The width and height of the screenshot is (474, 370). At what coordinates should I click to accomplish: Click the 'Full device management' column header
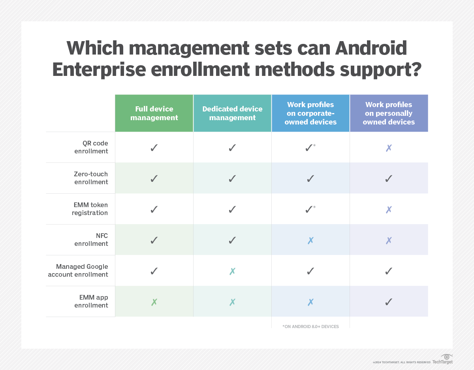pyautogui.click(x=154, y=113)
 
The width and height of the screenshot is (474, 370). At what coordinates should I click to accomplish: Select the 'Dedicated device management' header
pyautogui.click(x=232, y=113)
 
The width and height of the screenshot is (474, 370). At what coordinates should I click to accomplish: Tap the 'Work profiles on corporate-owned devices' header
pyautogui.click(x=310, y=113)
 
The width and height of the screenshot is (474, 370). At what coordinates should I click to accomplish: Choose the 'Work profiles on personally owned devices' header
pyautogui.click(x=389, y=113)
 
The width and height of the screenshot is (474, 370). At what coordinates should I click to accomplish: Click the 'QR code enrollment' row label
pyautogui.click(x=91, y=147)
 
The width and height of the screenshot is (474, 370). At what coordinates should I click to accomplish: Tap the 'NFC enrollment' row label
pyautogui.click(x=91, y=240)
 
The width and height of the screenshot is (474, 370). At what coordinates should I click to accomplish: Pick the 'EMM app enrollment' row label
pyautogui.click(x=91, y=301)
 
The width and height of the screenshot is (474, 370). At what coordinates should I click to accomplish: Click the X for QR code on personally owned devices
pyautogui.click(x=389, y=148)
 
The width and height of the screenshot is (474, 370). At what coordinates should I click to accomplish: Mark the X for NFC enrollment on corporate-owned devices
pyautogui.click(x=310, y=240)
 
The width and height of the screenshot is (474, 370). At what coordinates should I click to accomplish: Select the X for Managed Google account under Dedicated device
pyautogui.click(x=232, y=271)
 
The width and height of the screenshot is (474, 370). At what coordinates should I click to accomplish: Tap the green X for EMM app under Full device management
pyautogui.click(x=154, y=302)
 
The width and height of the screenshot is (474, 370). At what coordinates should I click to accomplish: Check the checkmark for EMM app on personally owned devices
pyautogui.click(x=389, y=302)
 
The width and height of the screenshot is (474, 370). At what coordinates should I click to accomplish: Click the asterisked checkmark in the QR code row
pyautogui.click(x=309, y=148)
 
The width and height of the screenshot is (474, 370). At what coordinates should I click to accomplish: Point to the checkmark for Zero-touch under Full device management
pyautogui.click(x=154, y=179)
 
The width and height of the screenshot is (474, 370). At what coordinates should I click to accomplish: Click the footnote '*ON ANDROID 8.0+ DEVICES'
pyautogui.click(x=310, y=327)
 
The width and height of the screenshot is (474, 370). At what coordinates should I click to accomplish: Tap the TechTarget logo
pyautogui.click(x=443, y=359)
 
